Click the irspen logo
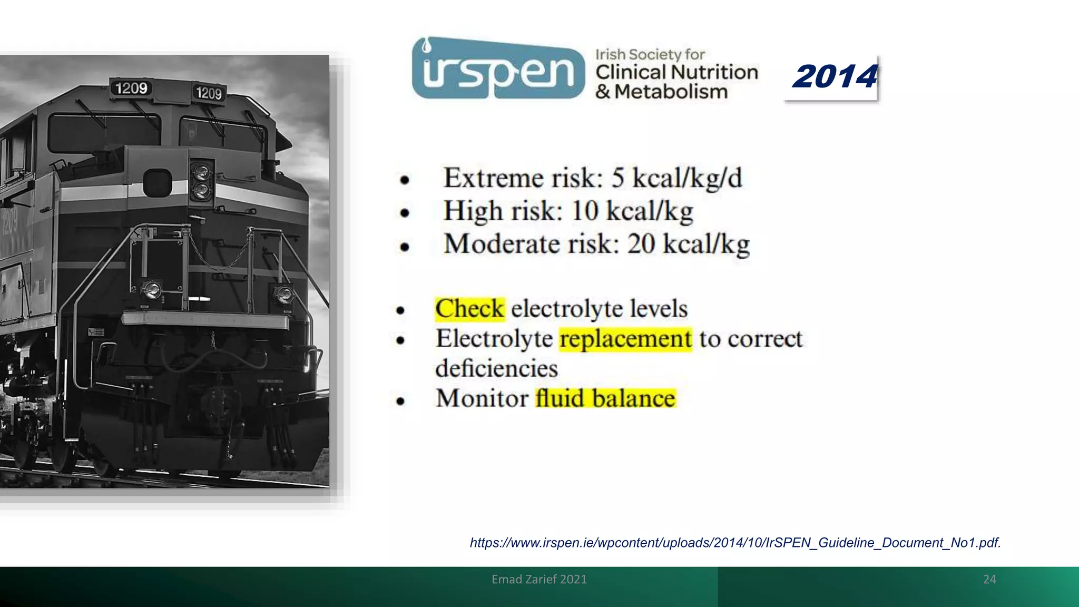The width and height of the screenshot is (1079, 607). click(x=498, y=68)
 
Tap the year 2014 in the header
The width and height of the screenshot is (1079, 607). click(x=835, y=77)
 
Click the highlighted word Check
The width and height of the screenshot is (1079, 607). click(x=469, y=309)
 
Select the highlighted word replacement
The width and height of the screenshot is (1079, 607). click(x=625, y=339)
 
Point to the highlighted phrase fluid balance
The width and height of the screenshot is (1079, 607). click(x=605, y=399)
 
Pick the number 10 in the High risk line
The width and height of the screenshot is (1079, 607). click(x=585, y=211)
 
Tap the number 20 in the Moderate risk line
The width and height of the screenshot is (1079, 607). click(x=641, y=244)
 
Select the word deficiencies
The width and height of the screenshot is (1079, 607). click(x=496, y=368)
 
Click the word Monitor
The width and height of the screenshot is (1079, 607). click(x=482, y=399)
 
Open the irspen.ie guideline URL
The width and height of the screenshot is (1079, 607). click(x=735, y=543)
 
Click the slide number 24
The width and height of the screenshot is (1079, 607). click(x=989, y=580)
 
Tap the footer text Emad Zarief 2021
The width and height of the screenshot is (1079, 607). click(x=539, y=580)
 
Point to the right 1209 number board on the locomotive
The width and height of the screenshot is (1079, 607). click(x=209, y=93)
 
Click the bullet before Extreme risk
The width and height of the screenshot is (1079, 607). click(x=404, y=180)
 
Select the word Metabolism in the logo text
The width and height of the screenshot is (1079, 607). click(x=671, y=92)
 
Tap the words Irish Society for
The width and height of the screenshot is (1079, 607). click(x=650, y=55)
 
